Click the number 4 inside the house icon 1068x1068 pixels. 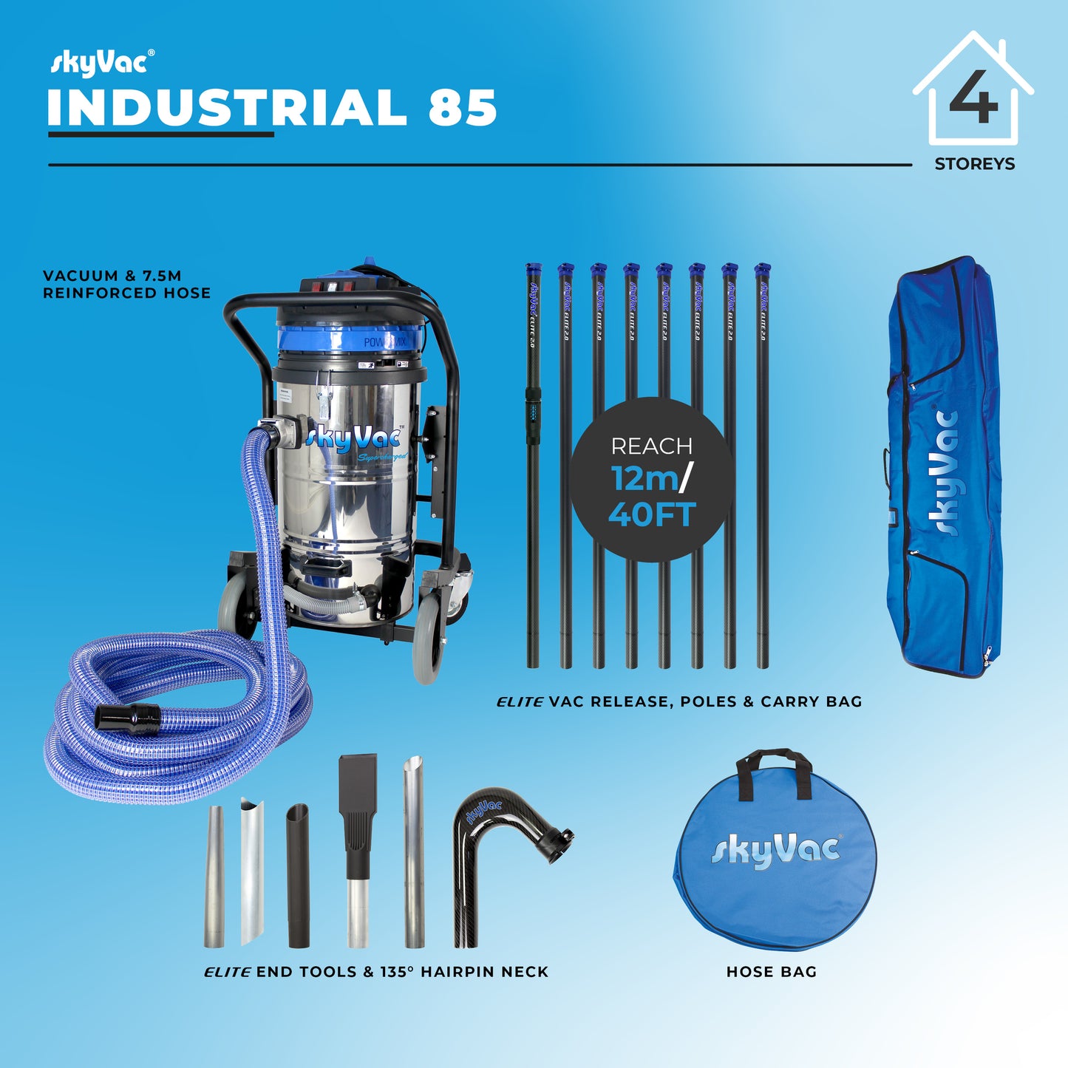tap(973, 98)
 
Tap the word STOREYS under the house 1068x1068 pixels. tap(974, 164)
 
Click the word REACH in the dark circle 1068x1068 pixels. tap(651, 446)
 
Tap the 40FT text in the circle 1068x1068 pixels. tap(652, 514)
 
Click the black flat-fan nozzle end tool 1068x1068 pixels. tap(358, 806)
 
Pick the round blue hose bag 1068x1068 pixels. tap(775, 861)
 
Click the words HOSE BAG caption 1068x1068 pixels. tap(772, 972)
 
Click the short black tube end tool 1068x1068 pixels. tap(299, 876)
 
